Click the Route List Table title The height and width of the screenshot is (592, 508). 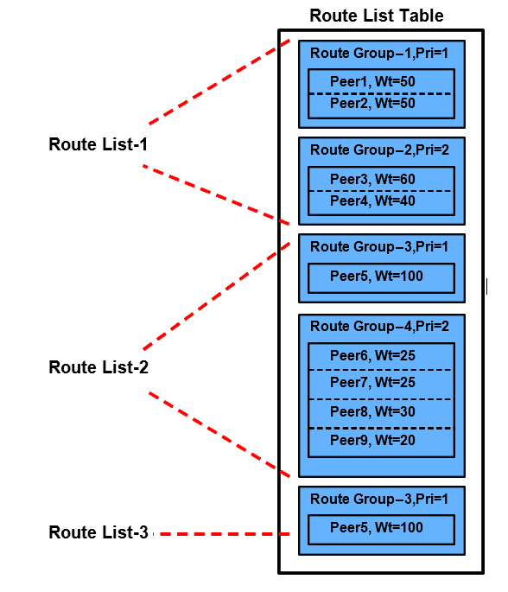click(376, 16)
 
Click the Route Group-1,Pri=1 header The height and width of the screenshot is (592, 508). click(381, 54)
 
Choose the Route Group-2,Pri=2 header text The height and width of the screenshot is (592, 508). click(381, 150)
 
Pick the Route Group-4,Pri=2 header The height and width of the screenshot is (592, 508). click(381, 327)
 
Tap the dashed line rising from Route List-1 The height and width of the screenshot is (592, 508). click(216, 83)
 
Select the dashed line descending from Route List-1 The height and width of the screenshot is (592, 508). click(216, 194)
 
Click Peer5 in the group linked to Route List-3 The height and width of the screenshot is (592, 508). click(381, 527)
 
